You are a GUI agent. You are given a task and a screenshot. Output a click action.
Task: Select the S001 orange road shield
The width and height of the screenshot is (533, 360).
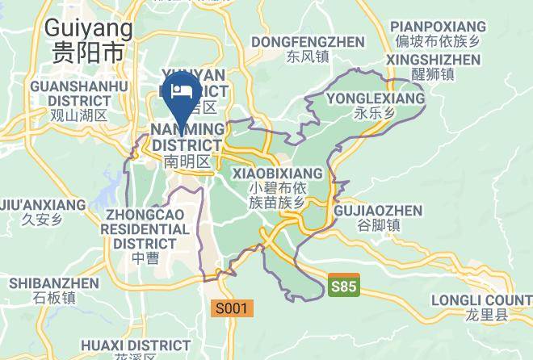pyautogui.click(x=233, y=308)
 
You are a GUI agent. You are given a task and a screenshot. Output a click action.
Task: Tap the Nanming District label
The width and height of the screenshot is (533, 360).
pyautogui.click(x=187, y=137)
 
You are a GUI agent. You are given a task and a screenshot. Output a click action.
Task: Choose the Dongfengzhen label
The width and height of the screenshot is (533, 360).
pyautogui.click(x=308, y=41)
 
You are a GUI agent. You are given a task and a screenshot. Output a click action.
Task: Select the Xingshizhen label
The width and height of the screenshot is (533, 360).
pyautogui.click(x=433, y=60)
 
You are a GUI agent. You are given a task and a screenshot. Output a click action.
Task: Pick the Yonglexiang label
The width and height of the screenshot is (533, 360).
pyautogui.click(x=376, y=98)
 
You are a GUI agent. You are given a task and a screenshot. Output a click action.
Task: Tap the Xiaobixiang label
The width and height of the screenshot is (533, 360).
pyautogui.click(x=277, y=174)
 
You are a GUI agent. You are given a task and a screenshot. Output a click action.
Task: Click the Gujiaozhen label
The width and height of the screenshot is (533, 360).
pyautogui.click(x=378, y=211)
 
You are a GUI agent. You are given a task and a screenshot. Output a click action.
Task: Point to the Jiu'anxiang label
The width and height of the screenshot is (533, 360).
pyautogui.click(x=43, y=205)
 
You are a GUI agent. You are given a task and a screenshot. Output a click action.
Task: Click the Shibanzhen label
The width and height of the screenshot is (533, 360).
pyautogui.click(x=54, y=283)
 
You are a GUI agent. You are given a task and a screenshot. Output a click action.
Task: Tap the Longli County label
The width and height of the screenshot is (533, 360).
pyautogui.click(x=492, y=300)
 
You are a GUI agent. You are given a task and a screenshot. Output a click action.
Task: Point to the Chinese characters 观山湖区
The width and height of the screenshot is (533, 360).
pyautogui.click(x=78, y=115)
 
